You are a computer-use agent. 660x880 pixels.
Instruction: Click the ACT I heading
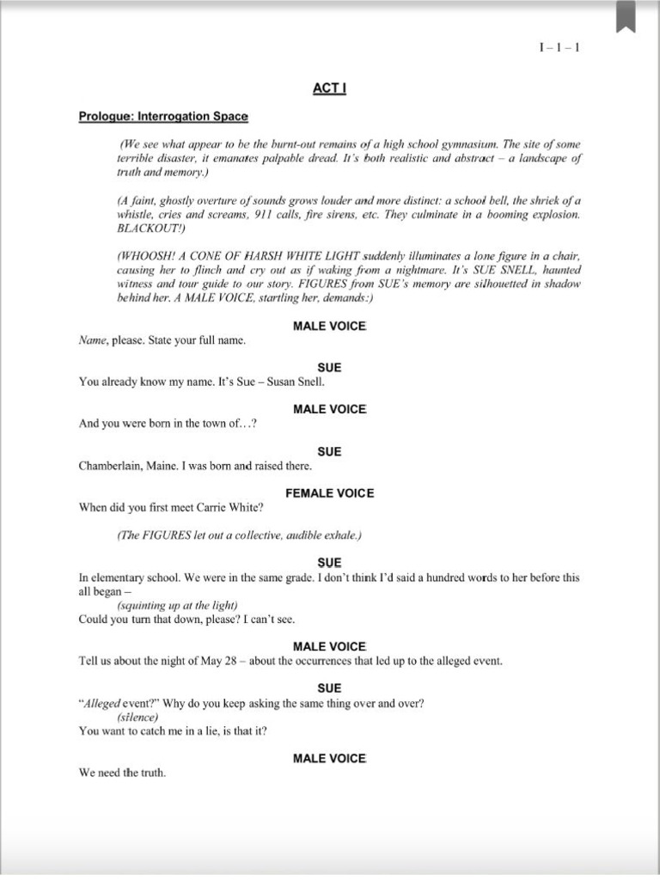click(329, 89)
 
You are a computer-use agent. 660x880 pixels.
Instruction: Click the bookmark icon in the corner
click(626, 17)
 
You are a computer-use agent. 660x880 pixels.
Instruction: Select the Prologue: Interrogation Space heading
click(163, 116)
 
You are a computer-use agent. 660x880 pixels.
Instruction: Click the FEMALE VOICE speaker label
click(329, 493)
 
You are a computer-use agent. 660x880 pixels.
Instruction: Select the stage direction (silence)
click(138, 717)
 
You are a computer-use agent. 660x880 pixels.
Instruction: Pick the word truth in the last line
click(152, 773)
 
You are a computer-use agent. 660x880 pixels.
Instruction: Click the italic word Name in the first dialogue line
click(91, 339)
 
